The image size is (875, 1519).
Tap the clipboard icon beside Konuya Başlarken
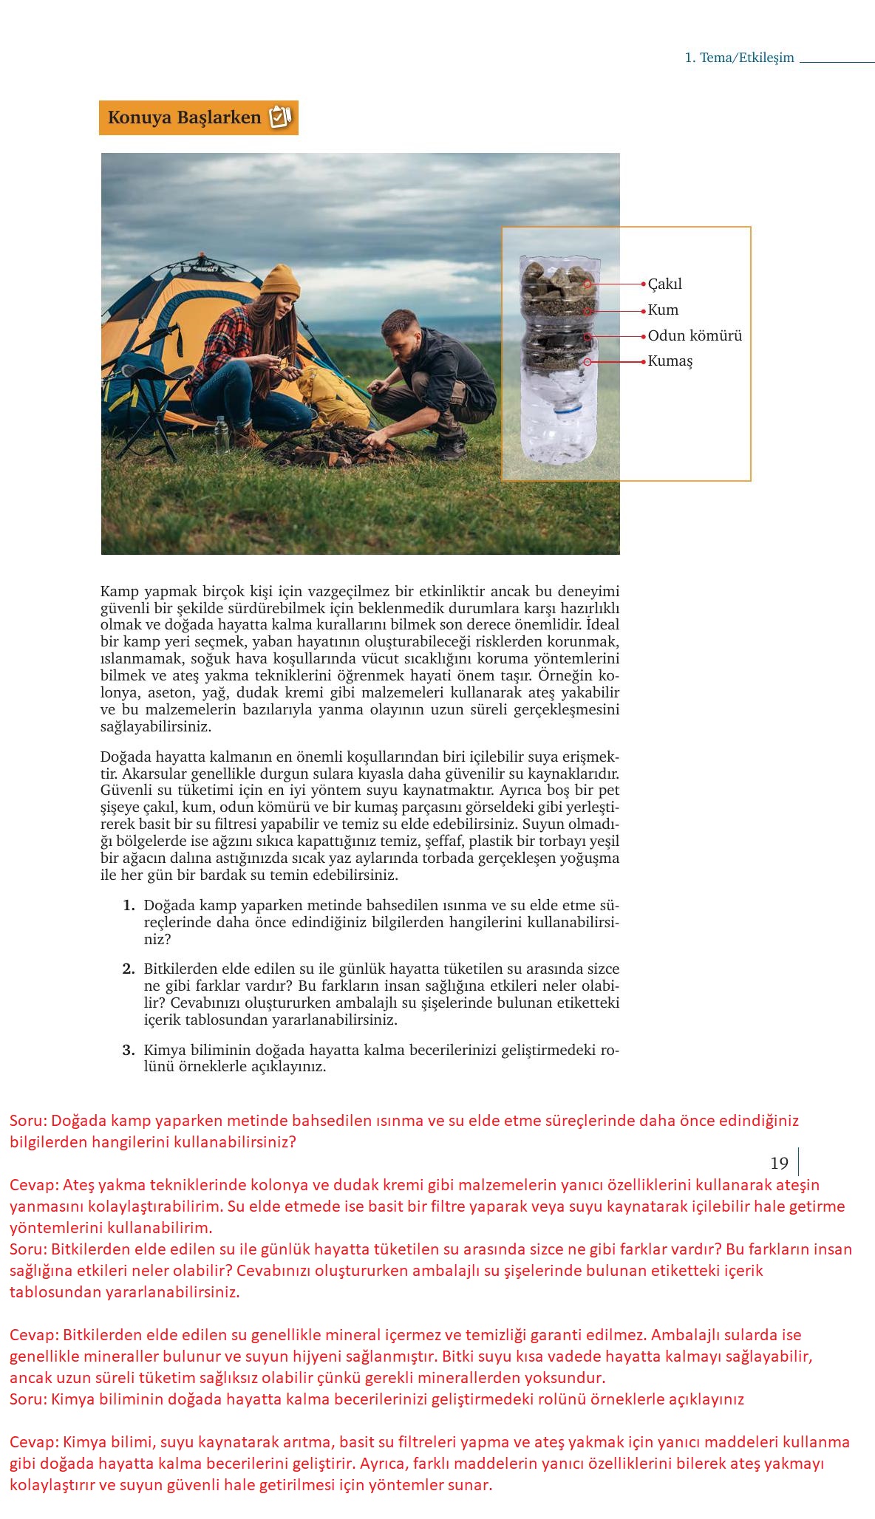click(x=280, y=117)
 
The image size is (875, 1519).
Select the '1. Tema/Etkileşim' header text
click(x=739, y=58)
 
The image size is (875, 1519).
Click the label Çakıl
click(x=665, y=284)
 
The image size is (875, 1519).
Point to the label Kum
click(x=663, y=310)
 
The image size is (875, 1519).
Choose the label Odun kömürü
click(x=695, y=336)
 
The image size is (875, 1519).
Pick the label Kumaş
click(x=670, y=361)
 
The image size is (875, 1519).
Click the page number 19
click(x=779, y=1164)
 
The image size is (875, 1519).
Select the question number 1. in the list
click(x=129, y=906)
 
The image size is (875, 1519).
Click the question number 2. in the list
click(x=129, y=969)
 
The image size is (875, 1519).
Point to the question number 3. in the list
click(x=129, y=1050)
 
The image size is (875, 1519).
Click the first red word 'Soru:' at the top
click(x=29, y=1121)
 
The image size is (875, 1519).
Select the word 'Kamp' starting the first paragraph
click(x=119, y=592)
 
